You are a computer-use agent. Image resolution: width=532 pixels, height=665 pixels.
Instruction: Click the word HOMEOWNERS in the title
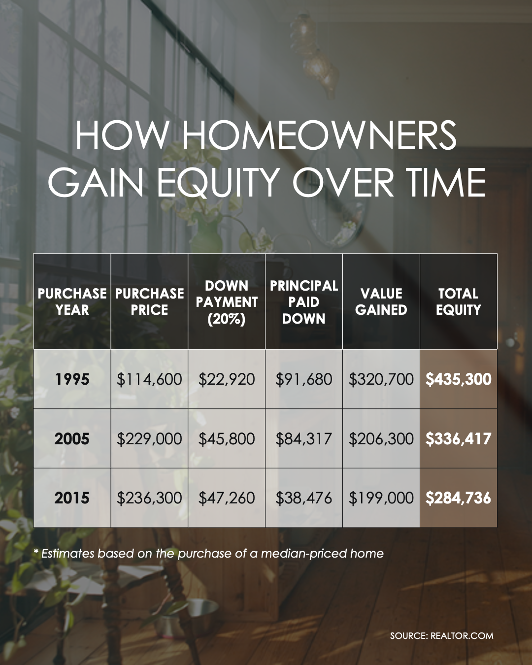click(x=319, y=135)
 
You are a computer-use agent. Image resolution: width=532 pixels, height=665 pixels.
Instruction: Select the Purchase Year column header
click(x=72, y=301)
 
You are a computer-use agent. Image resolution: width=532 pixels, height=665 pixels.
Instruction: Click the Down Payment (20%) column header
click(x=227, y=302)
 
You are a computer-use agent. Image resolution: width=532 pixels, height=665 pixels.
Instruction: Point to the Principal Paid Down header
click(x=304, y=302)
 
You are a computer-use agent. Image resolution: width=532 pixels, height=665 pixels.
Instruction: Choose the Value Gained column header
click(x=381, y=301)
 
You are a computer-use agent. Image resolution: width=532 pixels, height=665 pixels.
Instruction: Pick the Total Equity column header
click(x=458, y=301)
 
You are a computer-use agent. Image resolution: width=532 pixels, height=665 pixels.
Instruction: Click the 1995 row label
click(x=72, y=379)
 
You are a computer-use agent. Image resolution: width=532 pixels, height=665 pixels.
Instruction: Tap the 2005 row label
click(x=72, y=438)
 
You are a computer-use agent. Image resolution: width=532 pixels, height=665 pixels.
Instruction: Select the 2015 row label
click(x=72, y=498)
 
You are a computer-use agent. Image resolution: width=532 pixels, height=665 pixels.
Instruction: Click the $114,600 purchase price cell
click(x=149, y=379)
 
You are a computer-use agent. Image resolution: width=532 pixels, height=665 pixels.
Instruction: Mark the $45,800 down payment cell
click(x=227, y=438)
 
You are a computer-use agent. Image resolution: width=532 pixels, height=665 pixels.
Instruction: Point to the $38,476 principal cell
click(x=304, y=498)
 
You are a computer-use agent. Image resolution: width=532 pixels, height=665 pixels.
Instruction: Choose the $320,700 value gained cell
click(x=381, y=379)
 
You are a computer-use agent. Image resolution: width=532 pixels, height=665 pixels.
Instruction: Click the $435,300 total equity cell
click(x=458, y=379)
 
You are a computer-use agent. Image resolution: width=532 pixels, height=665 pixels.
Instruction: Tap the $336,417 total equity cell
click(x=458, y=438)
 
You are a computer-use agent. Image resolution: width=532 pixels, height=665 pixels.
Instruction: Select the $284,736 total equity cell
click(x=458, y=498)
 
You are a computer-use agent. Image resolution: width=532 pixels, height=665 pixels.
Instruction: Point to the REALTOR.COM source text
click(x=462, y=635)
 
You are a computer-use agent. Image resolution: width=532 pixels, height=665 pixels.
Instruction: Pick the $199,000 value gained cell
click(x=381, y=498)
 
